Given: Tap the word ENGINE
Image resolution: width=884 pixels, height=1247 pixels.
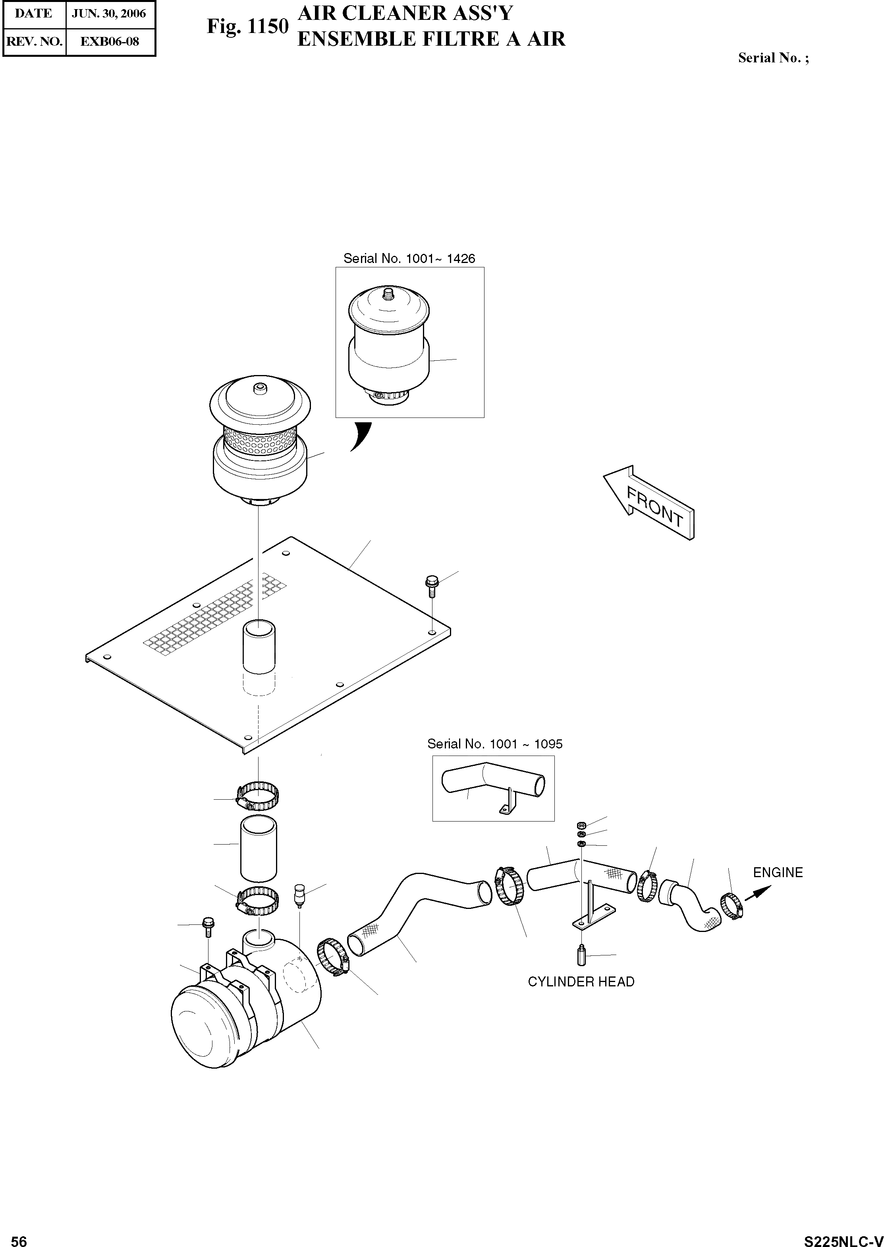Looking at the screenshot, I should (777, 872).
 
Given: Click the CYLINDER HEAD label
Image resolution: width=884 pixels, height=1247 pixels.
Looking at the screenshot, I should (581, 982).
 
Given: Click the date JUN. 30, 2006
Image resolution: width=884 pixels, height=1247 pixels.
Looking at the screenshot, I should (109, 14).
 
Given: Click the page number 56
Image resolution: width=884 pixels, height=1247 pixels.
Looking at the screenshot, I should (19, 1237).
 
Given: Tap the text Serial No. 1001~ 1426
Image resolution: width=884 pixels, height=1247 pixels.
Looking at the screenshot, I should (409, 258).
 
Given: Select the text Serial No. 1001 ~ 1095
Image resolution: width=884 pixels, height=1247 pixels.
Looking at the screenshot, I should (494, 744).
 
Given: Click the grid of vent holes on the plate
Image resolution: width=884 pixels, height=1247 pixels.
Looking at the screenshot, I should (215, 614).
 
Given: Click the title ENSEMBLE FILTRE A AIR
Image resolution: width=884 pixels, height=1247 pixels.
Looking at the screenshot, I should (431, 39).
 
